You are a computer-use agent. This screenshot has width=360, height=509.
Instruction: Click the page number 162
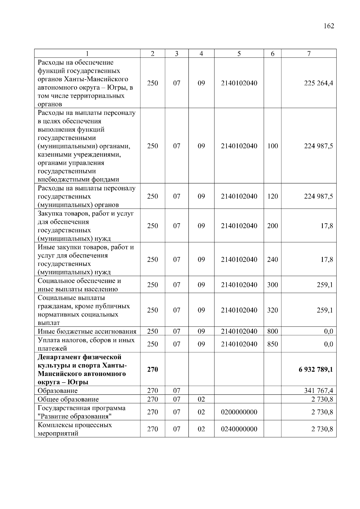click(x=329, y=26)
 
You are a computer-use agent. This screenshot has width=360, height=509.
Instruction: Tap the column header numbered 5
click(x=239, y=54)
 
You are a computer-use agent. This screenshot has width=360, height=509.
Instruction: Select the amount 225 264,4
click(x=318, y=83)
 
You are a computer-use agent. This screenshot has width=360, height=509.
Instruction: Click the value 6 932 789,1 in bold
click(x=316, y=369)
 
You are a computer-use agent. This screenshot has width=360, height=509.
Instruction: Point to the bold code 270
click(x=152, y=369)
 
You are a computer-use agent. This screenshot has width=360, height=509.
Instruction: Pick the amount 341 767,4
click(x=318, y=391)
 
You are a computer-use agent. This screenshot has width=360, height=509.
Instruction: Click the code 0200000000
click(x=239, y=412)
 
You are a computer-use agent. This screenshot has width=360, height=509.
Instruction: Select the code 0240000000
click(x=239, y=429)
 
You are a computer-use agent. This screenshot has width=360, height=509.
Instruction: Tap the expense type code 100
click(x=272, y=146)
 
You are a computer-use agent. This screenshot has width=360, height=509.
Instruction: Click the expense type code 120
click(x=272, y=196)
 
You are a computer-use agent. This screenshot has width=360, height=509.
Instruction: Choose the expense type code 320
click(x=272, y=310)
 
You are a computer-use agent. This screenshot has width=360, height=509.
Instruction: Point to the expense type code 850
click(x=272, y=344)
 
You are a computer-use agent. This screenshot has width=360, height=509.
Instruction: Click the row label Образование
click(x=58, y=391)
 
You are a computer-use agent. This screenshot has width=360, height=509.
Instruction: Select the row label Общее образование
click(x=68, y=399)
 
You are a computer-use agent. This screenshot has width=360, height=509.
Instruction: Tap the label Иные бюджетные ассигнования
click(x=87, y=331)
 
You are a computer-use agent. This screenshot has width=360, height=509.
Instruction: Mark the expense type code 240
click(x=272, y=259)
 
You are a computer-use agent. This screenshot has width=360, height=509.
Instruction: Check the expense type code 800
click(x=272, y=331)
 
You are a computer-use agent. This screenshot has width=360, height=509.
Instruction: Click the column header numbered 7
click(x=309, y=54)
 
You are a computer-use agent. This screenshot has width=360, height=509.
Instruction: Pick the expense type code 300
click(x=272, y=285)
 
